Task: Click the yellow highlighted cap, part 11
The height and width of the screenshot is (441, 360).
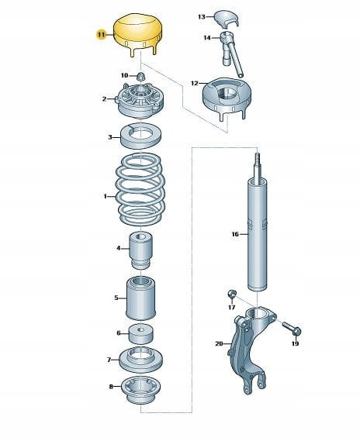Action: click(x=138, y=33)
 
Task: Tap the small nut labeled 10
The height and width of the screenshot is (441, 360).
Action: click(x=140, y=76)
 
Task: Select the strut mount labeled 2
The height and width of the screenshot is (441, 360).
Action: click(x=140, y=100)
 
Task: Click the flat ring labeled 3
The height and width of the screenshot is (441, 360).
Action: click(x=140, y=136)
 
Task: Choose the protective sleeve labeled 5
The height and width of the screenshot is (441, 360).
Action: click(x=140, y=298)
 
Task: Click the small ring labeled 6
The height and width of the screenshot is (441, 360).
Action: click(x=141, y=334)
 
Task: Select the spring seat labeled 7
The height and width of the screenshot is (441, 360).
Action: click(x=141, y=360)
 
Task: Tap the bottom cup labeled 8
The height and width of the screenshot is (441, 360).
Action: click(x=140, y=390)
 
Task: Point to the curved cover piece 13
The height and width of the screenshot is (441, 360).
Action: click(x=227, y=19)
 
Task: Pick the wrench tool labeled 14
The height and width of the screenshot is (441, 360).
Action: click(x=230, y=53)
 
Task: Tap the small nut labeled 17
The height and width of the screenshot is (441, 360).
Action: click(x=231, y=295)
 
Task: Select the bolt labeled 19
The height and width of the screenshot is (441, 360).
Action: click(x=292, y=328)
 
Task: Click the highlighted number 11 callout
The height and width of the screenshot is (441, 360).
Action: click(x=101, y=35)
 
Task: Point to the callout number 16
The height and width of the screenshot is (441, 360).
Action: click(x=235, y=234)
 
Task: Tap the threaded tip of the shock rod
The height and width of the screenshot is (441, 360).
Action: click(x=258, y=159)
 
